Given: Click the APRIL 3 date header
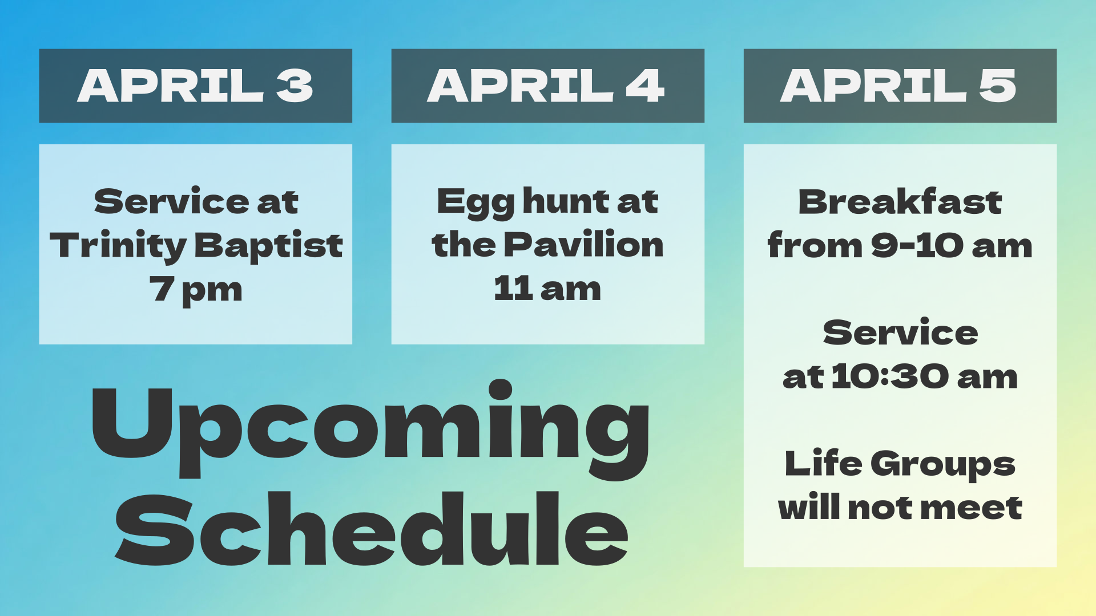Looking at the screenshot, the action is [x=195, y=86].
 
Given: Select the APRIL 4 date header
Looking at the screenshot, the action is [x=547, y=86].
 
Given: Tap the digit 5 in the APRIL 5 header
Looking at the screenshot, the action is [x=997, y=86].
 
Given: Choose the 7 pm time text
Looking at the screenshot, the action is [x=196, y=290].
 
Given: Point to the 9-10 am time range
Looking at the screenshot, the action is [x=952, y=246].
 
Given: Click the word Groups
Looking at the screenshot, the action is [x=942, y=465].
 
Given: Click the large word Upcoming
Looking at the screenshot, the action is [x=370, y=429].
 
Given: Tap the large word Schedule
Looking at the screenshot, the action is [x=372, y=529].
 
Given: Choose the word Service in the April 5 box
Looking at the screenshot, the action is [x=900, y=333].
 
